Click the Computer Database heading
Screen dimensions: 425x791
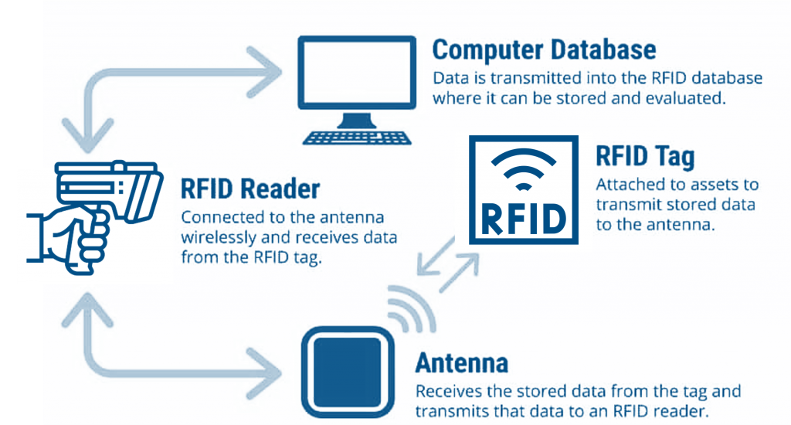pyautogui.click(x=544, y=50)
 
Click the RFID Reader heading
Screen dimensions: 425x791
pyautogui.click(x=250, y=189)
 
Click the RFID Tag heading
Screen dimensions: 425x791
pyautogui.click(x=645, y=157)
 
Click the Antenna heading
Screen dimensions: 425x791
pyautogui.click(x=461, y=362)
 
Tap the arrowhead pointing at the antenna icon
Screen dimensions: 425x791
pyautogui.click(x=271, y=368)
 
